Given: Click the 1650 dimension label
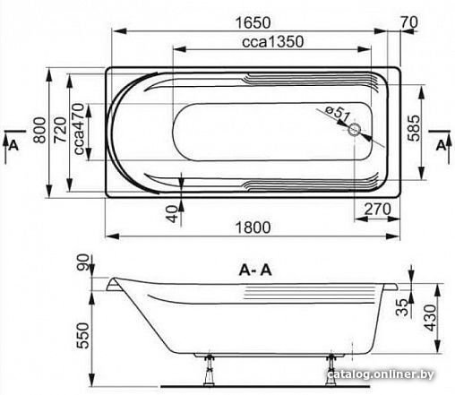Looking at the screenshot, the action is pyautogui.click(x=253, y=22).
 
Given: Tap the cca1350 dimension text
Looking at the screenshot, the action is pyautogui.click(x=273, y=41).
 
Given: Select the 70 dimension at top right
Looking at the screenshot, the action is pyautogui.click(x=409, y=22).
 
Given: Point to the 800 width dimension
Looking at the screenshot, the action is pyautogui.click(x=40, y=130).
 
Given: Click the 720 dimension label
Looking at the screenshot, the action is pyautogui.click(x=60, y=130).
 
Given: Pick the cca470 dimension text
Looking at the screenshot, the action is pyautogui.click(x=79, y=129).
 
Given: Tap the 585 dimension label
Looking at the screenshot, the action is pyautogui.click(x=414, y=128).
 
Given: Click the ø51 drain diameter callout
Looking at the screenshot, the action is pyautogui.click(x=337, y=113).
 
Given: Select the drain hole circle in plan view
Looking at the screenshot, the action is pyautogui.click(x=355, y=130).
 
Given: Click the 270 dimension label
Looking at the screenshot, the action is pyautogui.click(x=377, y=210).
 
